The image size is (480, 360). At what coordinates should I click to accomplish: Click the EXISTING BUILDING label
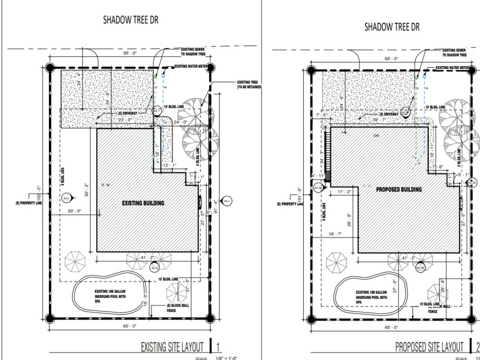coord(143,203)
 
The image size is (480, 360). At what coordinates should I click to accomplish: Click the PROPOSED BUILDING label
coord(399,189)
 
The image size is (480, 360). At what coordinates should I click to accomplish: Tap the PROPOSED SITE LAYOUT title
coord(429,347)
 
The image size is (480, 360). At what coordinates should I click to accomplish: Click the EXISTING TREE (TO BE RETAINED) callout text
coord(249,85)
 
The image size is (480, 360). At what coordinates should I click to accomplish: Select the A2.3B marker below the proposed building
coord(420,267)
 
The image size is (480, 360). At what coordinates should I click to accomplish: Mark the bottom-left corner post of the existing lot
coord(49,318)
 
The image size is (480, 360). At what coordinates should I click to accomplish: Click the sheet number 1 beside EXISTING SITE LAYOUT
coord(218,347)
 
